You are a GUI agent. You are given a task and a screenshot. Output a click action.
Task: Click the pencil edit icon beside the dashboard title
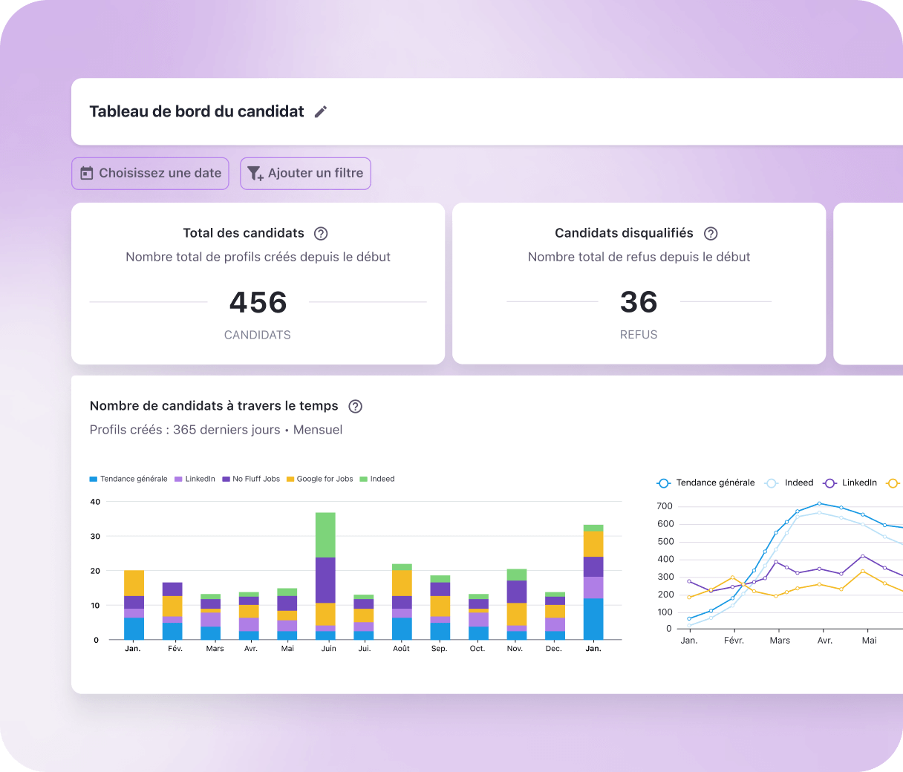[321, 111]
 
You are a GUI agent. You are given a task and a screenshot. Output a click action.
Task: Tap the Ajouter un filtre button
[305, 173]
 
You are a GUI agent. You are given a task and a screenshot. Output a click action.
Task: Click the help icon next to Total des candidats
[321, 233]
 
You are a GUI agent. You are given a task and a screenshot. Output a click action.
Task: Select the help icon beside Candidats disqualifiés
[711, 233]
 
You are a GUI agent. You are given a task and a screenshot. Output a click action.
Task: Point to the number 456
[258, 302]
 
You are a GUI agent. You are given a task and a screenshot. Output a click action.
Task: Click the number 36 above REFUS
[639, 302]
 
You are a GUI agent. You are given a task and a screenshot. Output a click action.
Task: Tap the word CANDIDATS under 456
[258, 335]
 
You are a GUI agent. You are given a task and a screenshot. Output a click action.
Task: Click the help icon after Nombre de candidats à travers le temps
[356, 406]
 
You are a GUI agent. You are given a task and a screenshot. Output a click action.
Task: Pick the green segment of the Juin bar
[325, 534]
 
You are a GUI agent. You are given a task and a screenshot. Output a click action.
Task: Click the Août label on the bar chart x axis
[401, 649]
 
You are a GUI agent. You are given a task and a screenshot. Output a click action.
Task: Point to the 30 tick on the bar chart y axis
[95, 536]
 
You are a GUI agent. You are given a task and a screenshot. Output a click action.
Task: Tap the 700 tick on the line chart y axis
[665, 506]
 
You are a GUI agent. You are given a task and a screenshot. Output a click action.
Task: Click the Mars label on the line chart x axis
[780, 641]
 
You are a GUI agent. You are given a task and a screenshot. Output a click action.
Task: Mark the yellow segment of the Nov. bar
[517, 614]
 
